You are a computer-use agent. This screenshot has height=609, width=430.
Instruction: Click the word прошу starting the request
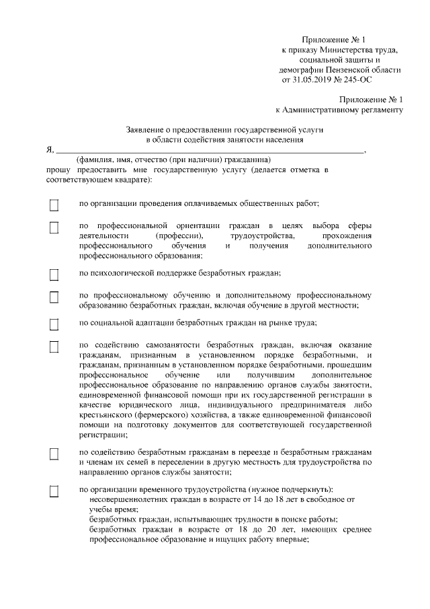coord(56,171)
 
